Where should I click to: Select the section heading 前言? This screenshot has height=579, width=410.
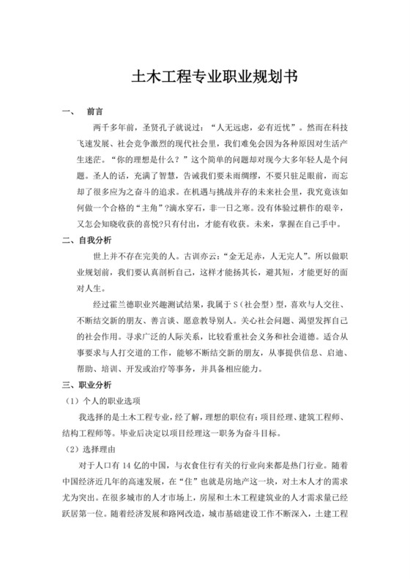(x=94, y=113)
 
